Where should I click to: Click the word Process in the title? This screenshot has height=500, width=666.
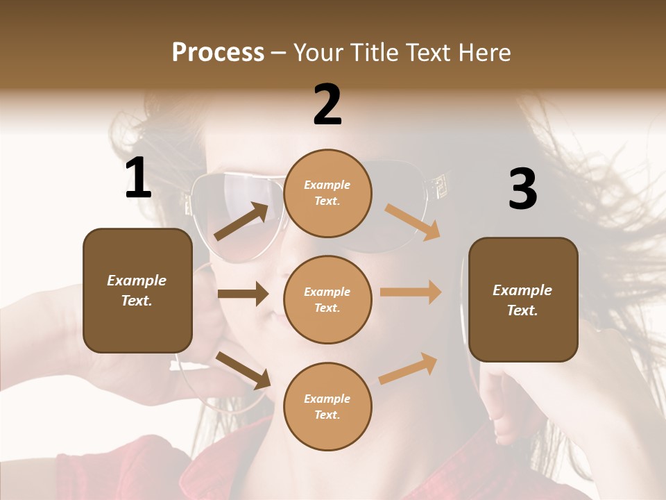tap(218, 52)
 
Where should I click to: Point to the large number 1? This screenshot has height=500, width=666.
tap(138, 178)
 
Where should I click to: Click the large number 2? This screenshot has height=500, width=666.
tap(327, 105)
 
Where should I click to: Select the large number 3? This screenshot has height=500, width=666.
tap(522, 190)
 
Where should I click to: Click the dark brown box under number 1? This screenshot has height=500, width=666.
tap(137, 290)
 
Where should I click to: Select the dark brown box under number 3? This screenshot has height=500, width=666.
tap(523, 300)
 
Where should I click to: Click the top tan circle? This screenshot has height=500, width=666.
tap(327, 193)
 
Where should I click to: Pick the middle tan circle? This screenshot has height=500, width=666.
tap(327, 300)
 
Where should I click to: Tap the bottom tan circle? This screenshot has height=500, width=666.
tap(327, 407)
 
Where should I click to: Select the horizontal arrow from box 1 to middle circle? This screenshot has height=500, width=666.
tap(243, 294)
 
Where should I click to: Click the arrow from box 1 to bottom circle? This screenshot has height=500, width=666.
tap(243, 370)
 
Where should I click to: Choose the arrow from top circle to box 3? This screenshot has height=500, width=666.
tap(412, 222)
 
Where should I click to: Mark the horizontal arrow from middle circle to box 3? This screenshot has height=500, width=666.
tap(411, 292)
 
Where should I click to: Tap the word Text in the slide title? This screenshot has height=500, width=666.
tap(423, 52)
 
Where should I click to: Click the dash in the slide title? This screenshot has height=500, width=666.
tap(279, 53)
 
